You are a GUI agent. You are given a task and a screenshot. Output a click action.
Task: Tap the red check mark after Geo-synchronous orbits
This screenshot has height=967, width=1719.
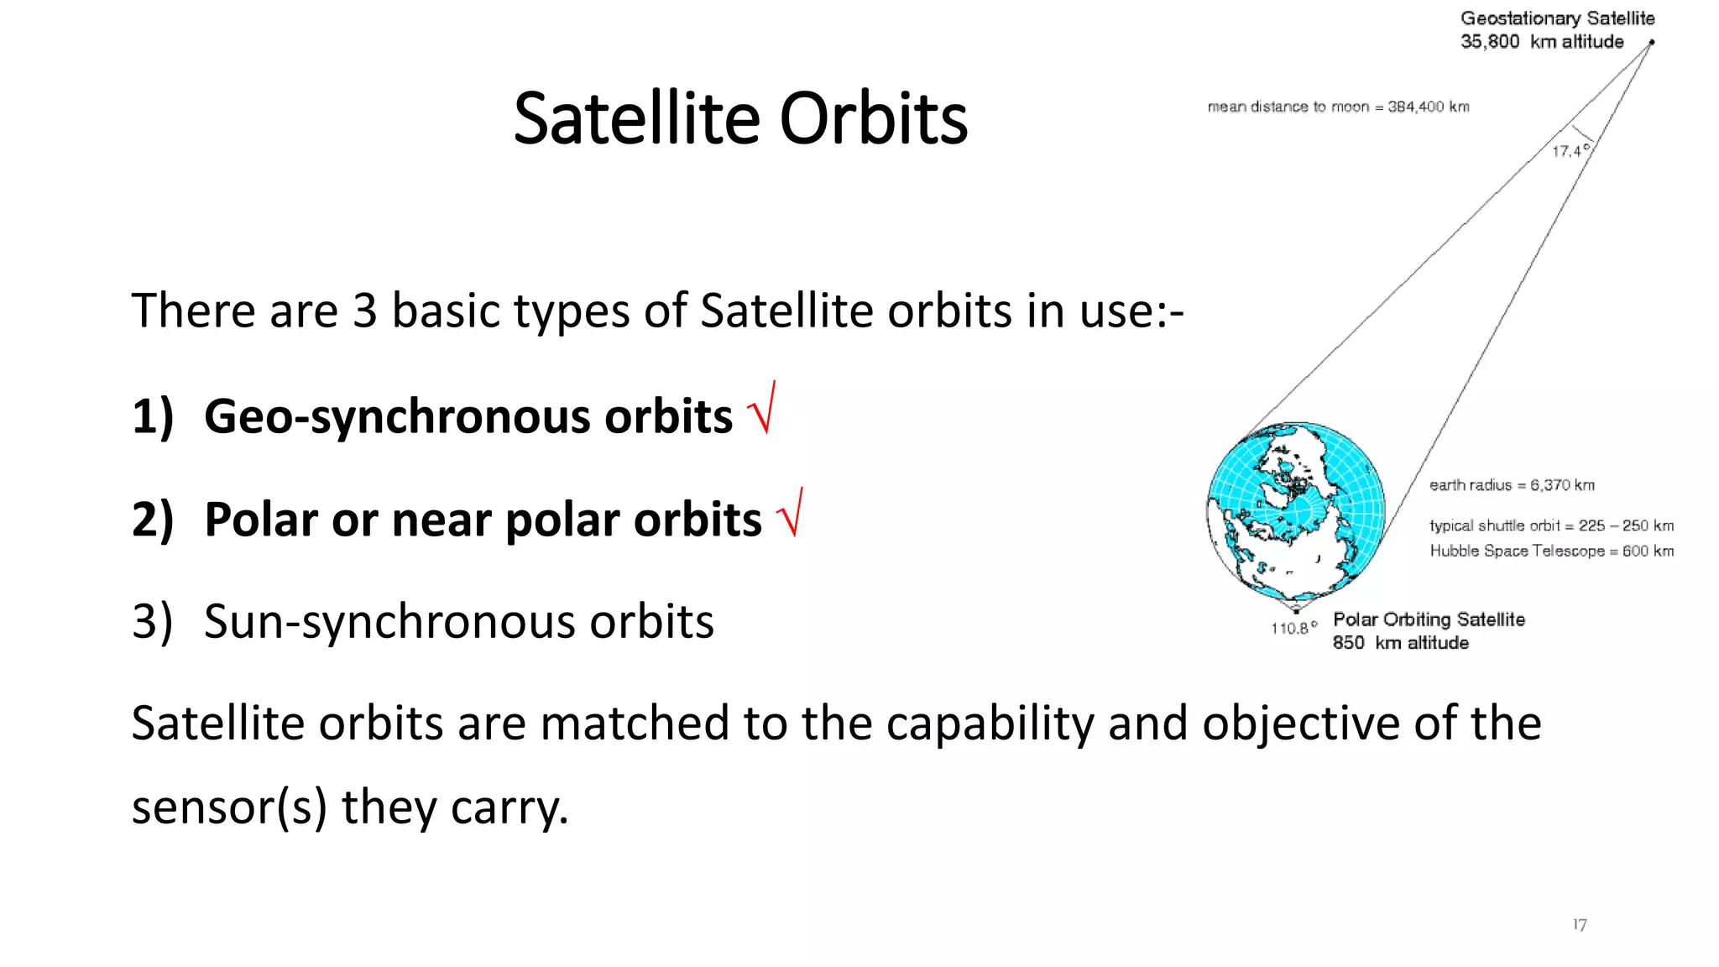tap(761, 408)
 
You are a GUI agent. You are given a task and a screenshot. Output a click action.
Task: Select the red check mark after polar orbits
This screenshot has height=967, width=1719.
tap(789, 512)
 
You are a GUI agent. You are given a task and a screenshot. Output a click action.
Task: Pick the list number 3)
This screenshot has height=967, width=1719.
tap(153, 623)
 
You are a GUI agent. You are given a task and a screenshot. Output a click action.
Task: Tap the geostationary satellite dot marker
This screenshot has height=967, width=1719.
tap(1651, 42)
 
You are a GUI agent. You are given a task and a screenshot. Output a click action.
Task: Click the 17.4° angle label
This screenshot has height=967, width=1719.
tap(1570, 151)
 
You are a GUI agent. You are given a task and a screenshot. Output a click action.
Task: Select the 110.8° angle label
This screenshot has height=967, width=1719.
tap(1294, 628)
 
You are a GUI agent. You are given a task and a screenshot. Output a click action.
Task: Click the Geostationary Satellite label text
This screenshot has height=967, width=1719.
tap(1558, 18)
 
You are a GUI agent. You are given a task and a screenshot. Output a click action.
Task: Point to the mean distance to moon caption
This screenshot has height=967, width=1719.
tap(1339, 107)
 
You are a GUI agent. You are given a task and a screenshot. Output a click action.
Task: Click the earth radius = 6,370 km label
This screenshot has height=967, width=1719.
tap(1512, 485)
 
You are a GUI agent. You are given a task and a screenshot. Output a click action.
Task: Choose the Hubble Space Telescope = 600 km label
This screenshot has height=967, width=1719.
tap(1552, 551)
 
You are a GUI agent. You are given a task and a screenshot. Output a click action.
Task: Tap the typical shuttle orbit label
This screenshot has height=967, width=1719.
tap(1552, 525)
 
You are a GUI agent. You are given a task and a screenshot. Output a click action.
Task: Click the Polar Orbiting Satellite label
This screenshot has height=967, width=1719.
tap(1429, 619)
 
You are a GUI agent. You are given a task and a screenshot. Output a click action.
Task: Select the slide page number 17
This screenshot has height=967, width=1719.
tap(1580, 924)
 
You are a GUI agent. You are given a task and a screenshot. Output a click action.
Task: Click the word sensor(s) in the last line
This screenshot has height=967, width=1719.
tap(229, 808)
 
